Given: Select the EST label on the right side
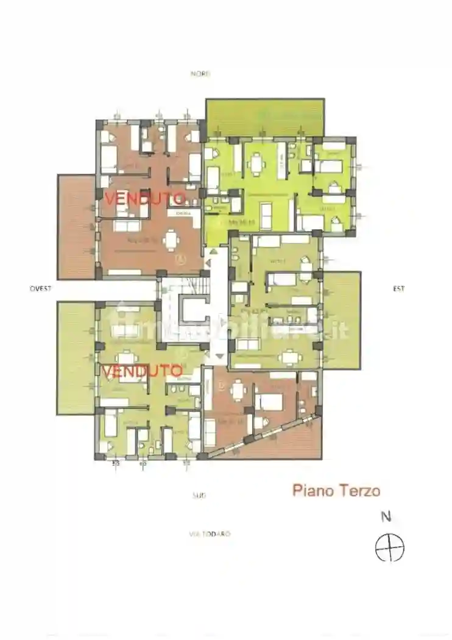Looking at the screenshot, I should [x=398, y=288].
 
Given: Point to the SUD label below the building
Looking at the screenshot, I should [x=199, y=496].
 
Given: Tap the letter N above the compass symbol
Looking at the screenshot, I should [x=386, y=517].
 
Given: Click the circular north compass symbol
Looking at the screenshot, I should [x=389, y=547].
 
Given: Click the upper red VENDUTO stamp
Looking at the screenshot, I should [x=144, y=198].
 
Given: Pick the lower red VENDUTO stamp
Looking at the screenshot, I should [x=142, y=371].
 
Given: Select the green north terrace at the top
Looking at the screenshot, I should [x=264, y=118].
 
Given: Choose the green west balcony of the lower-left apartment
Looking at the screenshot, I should [x=76, y=358].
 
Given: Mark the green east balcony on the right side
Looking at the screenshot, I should [x=341, y=320].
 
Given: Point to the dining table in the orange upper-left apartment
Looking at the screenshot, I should [x=172, y=239].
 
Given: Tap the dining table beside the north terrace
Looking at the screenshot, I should [x=256, y=162].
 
